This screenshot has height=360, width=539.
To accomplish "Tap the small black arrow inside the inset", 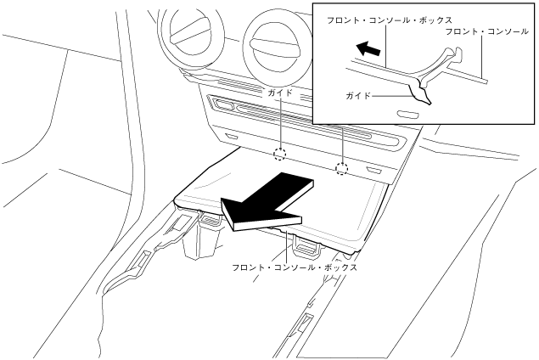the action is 368,51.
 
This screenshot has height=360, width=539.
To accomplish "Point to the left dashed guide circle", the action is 279,155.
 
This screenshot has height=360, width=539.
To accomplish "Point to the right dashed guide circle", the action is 342,168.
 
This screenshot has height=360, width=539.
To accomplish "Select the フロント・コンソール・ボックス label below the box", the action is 295,267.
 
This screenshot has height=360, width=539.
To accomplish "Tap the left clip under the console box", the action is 207,222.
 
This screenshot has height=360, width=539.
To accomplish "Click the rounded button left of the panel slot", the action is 224,105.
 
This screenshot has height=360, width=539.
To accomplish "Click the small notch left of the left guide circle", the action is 232,137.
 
